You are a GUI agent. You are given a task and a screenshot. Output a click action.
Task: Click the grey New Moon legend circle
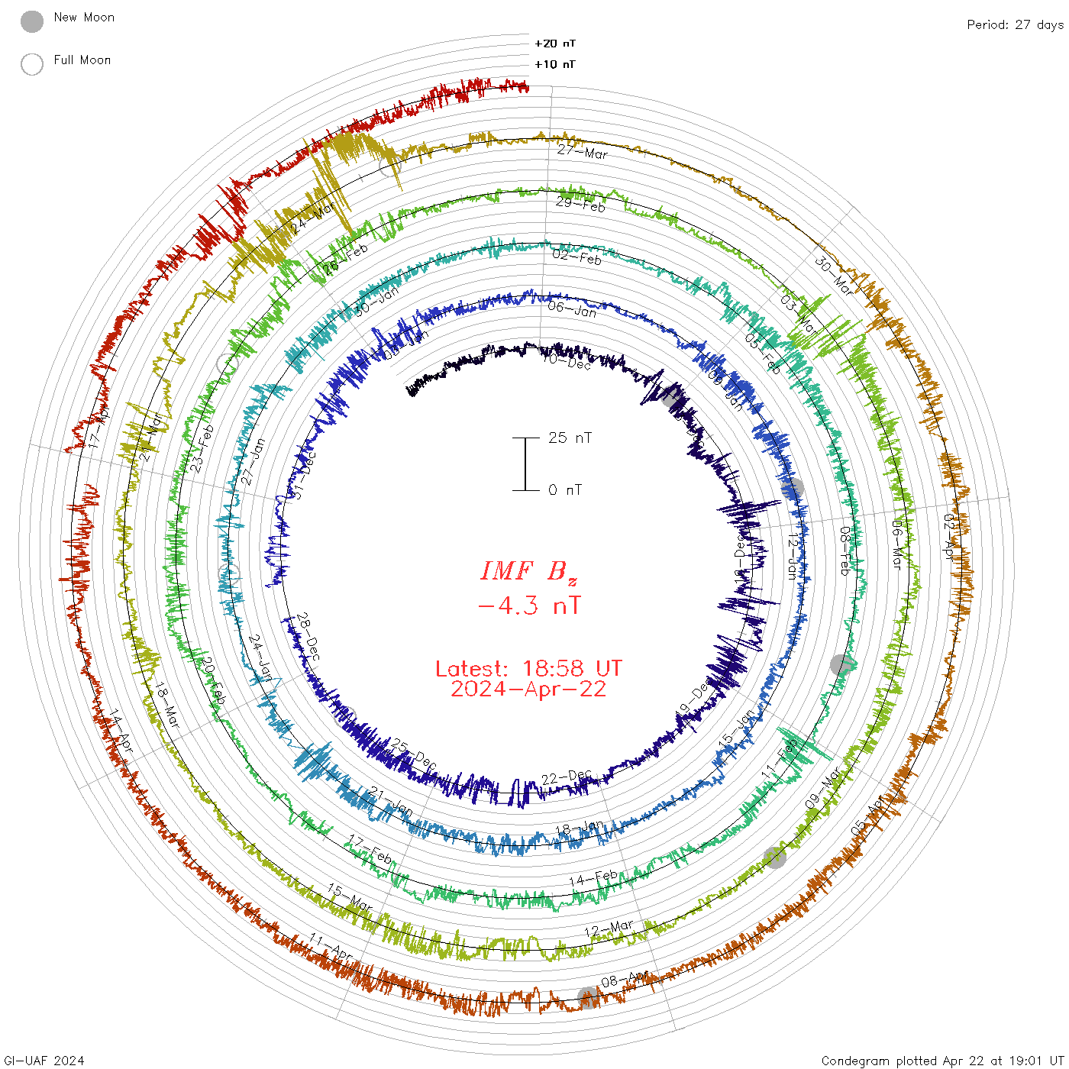click(32, 21)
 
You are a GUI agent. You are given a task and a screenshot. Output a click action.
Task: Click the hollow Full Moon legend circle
click(32, 64)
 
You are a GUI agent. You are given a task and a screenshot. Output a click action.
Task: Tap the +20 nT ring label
click(555, 44)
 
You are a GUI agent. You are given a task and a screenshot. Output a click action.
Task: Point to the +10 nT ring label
click(555, 64)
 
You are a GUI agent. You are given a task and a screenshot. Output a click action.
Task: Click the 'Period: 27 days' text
click(1015, 24)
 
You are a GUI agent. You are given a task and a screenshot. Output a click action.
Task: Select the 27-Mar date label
click(582, 151)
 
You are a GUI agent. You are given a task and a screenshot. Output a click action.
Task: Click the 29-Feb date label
click(580, 204)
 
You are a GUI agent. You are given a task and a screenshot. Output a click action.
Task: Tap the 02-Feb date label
click(576, 257)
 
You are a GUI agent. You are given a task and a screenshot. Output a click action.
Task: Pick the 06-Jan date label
click(572, 308)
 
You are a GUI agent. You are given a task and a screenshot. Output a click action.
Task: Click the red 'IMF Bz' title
click(528, 571)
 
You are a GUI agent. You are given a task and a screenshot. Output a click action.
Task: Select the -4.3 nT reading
click(528, 606)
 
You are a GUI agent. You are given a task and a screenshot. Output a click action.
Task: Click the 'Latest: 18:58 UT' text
click(528, 669)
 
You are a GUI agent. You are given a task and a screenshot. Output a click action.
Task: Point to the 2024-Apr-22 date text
click(528, 689)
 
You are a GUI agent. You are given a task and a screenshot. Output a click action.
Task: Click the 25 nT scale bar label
click(570, 438)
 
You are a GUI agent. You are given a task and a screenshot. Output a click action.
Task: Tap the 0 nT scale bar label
click(565, 489)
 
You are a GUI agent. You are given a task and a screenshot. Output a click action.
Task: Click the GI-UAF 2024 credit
click(44, 1060)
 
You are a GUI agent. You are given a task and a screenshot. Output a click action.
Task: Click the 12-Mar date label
click(609, 929)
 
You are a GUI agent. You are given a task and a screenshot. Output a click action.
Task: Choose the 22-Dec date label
click(567, 777)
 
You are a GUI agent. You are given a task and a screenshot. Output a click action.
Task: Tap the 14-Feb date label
click(593, 878)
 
